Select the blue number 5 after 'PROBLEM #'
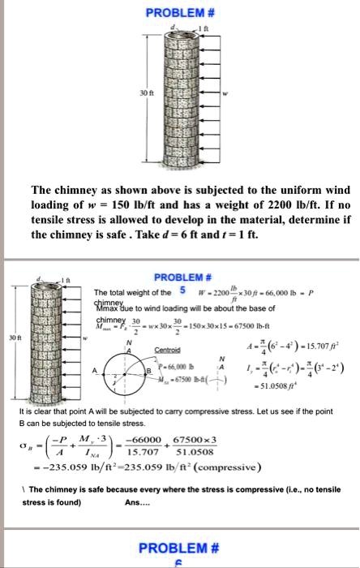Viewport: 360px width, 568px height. point(183,290)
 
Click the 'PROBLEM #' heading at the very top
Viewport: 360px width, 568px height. point(180,13)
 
